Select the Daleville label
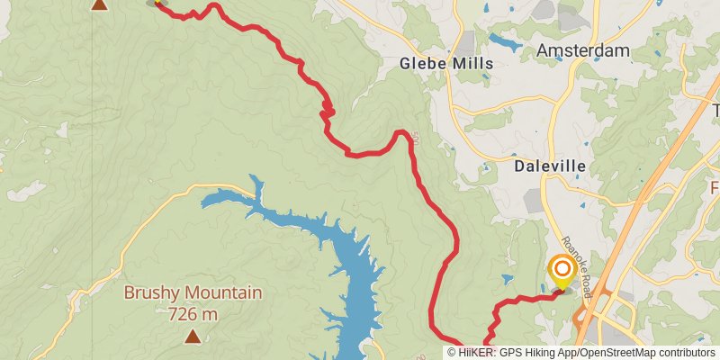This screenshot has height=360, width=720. pyautogui.click(x=550, y=166)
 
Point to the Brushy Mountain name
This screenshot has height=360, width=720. pyautogui.click(x=193, y=292)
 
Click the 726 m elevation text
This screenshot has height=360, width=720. pyautogui.click(x=193, y=313)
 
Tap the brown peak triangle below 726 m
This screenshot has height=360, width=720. pyautogui.click(x=193, y=337)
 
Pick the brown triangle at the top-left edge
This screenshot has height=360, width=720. pyautogui.click(x=99, y=4)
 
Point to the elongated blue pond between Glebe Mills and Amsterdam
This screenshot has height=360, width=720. pyautogui.click(x=506, y=41)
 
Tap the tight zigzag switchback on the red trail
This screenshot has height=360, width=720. pyautogui.click(x=328, y=111)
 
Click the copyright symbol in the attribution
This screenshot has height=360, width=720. pyautogui.click(x=452, y=353)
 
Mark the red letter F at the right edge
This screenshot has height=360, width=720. pyautogui.click(x=715, y=188)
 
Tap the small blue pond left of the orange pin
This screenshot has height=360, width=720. pyautogui.click(x=541, y=290)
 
